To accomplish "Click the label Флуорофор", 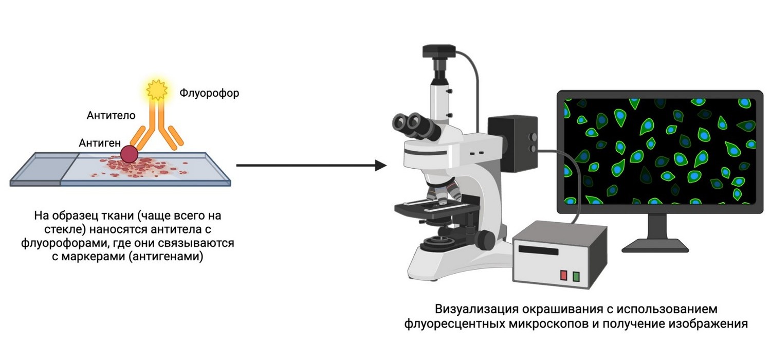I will (x=209, y=94).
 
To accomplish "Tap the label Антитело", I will (x=111, y=116).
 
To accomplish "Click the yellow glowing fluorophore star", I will (x=156, y=90).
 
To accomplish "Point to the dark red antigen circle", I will (x=128, y=154).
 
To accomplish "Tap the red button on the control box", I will (x=563, y=275).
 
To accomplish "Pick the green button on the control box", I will (x=576, y=276).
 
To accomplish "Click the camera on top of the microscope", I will (x=439, y=52).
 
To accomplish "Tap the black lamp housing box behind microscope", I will (x=512, y=142).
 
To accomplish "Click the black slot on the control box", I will (x=538, y=250).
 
